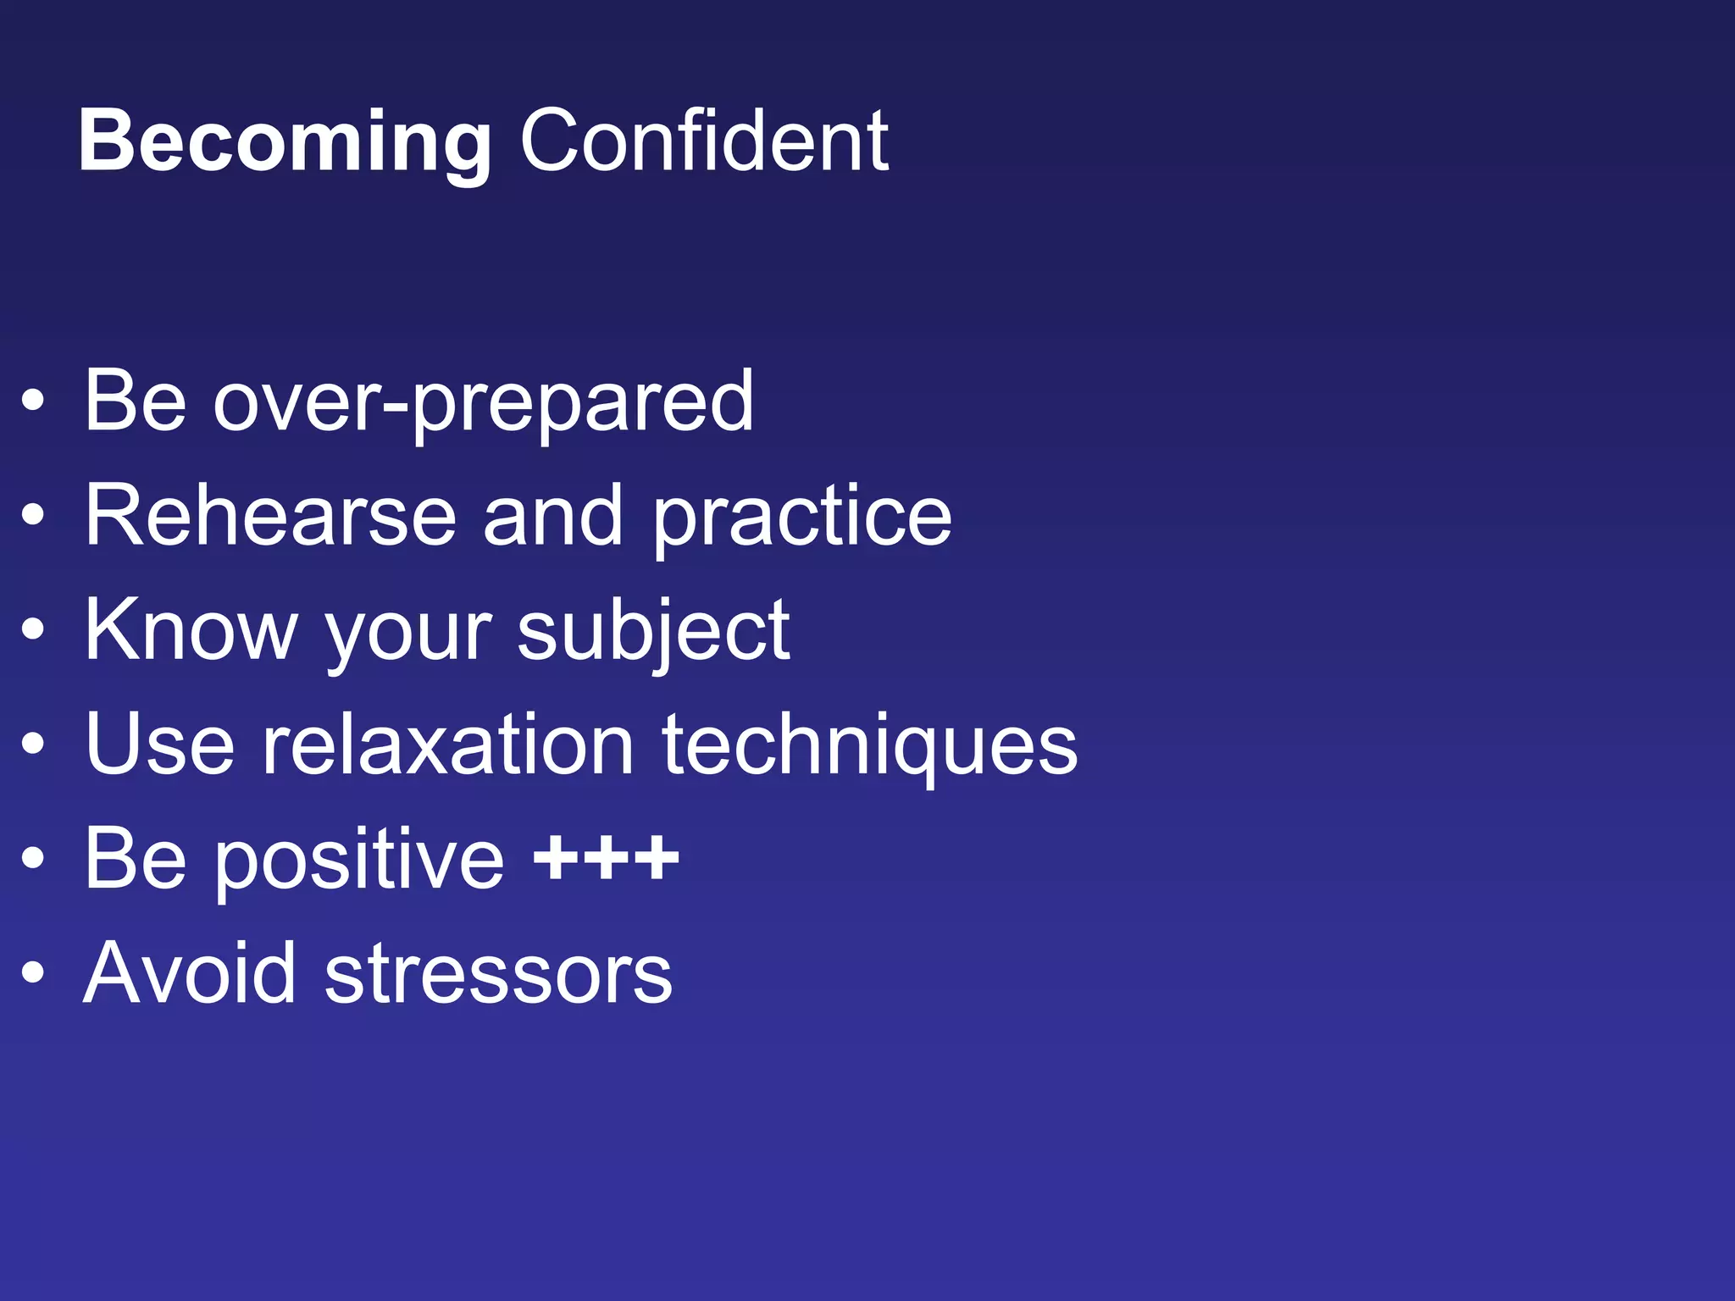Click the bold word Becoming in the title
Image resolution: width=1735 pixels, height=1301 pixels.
285,142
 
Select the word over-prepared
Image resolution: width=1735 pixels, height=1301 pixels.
483,401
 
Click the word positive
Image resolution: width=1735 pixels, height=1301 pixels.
361,861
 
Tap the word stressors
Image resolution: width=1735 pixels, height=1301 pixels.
498,975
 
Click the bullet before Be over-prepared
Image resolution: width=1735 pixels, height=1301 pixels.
33,401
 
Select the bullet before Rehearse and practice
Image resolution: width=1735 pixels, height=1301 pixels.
33,515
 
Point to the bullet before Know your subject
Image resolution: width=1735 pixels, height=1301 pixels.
33,629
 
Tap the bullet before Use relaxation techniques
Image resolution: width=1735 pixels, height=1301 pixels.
33,744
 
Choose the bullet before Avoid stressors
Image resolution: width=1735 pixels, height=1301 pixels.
33,973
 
